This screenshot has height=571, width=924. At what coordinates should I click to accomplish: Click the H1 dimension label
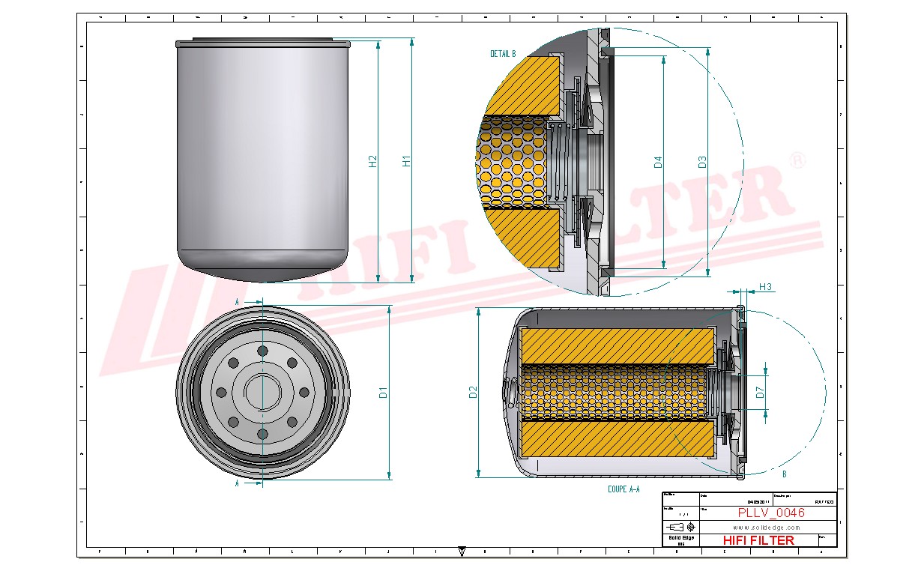pyautogui.click(x=406, y=160)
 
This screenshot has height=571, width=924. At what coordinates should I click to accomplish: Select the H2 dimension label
pyautogui.click(x=372, y=160)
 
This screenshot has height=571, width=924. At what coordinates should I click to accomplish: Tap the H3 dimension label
pyautogui.click(x=765, y=286)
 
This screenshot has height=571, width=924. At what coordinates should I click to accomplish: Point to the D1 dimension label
pyautogui.click(x=383, y=392)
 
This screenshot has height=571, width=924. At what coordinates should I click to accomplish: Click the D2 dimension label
pyautogui.click(x=472, y=392)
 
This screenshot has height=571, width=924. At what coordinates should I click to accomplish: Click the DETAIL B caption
pyautogui.click(x=503, y=54)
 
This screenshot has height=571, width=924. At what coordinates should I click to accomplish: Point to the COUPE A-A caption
pyautogui.click(x=623, y=489)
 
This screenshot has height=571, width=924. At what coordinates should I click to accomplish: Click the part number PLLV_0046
pyautogui.click(x=771, y=513)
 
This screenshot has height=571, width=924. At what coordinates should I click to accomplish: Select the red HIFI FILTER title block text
pyautogui.click(x=758, y=540)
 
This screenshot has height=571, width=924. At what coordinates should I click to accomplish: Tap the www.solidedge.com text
pyautogui.click(x=766, y=528)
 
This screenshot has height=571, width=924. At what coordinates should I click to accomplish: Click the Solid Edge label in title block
pyautogui.click(x=680, y=538)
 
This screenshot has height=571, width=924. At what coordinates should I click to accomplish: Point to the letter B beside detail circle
pyautogui.click(x=784, y=474)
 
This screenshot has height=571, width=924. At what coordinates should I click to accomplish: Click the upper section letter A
pyautogui.click(x=238, y=301)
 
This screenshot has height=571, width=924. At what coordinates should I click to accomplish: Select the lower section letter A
pyautogui.click(x=238, y=483)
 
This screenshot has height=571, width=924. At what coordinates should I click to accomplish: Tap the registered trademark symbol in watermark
pyautogui.click(x=798, y=161)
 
